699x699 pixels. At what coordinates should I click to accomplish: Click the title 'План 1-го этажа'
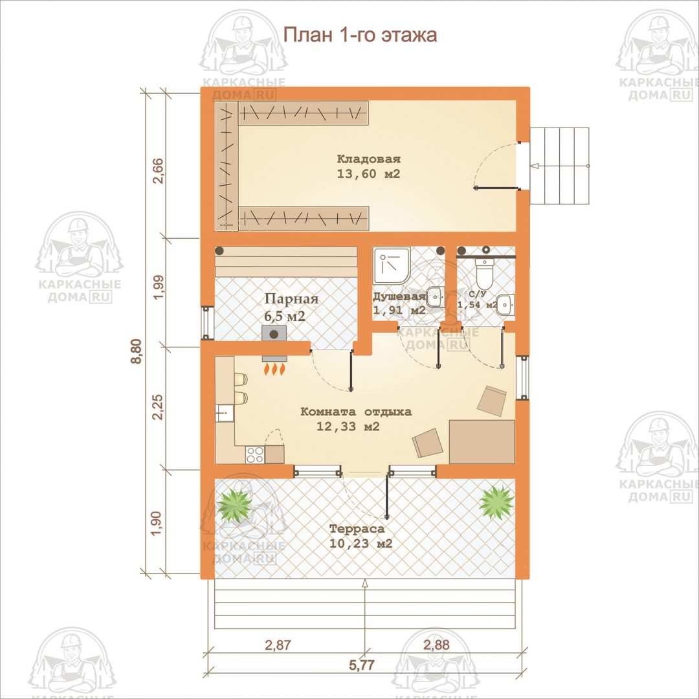pyautogui.click(x=361, y=35)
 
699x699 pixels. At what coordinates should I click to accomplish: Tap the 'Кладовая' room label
pyautogui.click(x=369, y=159)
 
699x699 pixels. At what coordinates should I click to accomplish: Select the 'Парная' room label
pyautogui.click(x=291, y=298)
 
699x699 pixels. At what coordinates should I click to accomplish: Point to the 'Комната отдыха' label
pyautogui.click(x=356, y=412)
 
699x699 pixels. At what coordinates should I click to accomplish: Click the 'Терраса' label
pyautogui.click(x=357, y=529)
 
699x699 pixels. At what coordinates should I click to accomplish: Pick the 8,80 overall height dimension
pyautogui.click(x=137, y=351)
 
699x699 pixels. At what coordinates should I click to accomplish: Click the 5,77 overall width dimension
pyautogui.click(x=362, y=665)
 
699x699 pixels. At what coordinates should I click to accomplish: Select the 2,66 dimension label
pyautogui.click(x=158, y=171)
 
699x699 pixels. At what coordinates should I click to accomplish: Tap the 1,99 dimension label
pyautogui.click(x=158, y=287)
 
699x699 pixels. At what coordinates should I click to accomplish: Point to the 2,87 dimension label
pyautogui.click(x=278, y=645)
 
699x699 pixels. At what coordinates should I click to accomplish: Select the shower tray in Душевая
pyautogui.click(x=392, y=266)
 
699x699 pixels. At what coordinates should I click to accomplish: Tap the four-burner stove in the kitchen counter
pyautogui.click(x=255, y=455)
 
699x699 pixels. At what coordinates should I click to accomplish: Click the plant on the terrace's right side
pyautogui.click(x=496, y=502)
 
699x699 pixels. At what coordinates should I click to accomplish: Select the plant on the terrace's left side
pyautogui.click(x=234, y=505)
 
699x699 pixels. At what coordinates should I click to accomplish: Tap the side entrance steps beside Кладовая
pyautogui.click(x=559, y=166)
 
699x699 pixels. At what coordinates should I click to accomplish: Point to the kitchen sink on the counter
pyautogui.click(x=224, y=413)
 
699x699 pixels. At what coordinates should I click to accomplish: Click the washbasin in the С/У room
pyautogui.click(x=505, y=305)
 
